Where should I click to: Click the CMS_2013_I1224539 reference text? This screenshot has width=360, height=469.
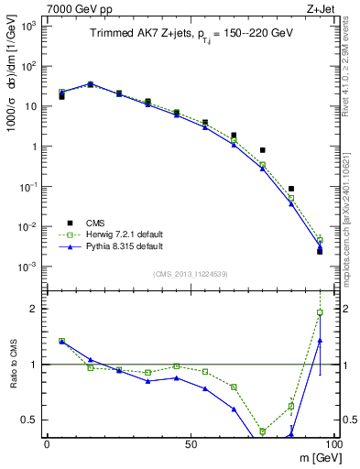click(190, 272)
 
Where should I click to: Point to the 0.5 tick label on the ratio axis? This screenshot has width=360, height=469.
click(29, 420)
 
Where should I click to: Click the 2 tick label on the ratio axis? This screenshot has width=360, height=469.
click(36, 309)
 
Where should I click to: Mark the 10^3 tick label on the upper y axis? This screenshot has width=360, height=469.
click(27, 26)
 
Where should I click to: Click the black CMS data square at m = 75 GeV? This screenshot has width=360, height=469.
click(263, 150)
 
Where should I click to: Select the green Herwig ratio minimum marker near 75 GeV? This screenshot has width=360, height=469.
click(263, 431)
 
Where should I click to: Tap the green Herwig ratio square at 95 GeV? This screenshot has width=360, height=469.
click(320, 312)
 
